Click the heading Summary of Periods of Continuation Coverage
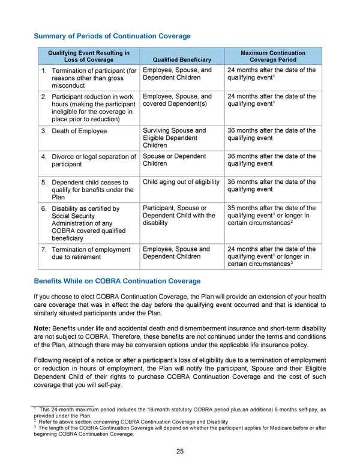pyautogui.click(x=112, y=36)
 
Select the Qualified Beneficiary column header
pyautogui.click(x=182, y=60)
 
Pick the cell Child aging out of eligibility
pyautogui.click(x=182, y=182)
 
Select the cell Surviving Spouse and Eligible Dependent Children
pyautogui.click(x=175, y=138)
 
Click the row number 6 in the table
pyautogui.click(x=44, y=209)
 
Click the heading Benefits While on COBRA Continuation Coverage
pyautogui.click(x=117, y=281)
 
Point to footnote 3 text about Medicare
pyautogui.click(x=180, y=431)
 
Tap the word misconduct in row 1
pyautogui.click(x=71, y=85)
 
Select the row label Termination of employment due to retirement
pyautogui.click(x=91, y=253)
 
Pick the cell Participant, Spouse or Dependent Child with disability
pyautogui.click(x=178, y=216)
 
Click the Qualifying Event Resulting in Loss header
pyautogui.click(x=88, y=56)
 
